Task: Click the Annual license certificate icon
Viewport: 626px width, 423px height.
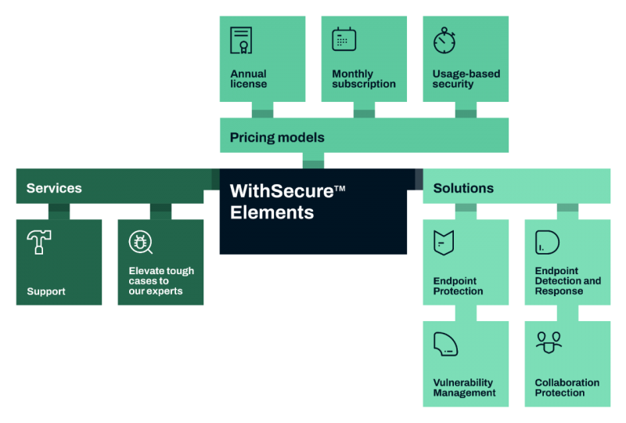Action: (241, 40)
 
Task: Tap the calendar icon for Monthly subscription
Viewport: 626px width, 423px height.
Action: (344, 39)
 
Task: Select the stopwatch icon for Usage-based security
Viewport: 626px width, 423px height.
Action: (444, 40)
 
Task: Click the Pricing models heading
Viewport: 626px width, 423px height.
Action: (277, 138)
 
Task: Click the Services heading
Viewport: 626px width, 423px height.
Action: (54, 188)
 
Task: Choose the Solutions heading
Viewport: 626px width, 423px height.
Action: (463, 188)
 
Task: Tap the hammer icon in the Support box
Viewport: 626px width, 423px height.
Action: (38, 242)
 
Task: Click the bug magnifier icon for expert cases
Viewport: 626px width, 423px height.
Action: (140, 243)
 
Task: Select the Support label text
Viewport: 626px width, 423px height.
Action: (46, 291)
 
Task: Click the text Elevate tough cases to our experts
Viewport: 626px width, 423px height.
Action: (161, 281)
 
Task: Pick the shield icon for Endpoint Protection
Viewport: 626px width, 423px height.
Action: (444, 242)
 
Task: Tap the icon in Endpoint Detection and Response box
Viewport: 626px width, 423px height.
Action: (547, 242)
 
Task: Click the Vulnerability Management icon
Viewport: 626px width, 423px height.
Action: (445, 343)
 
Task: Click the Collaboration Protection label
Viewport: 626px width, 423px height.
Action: (567, 388)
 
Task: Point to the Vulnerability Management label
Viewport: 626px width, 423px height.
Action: (464, 388)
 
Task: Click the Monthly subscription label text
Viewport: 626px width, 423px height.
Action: (363, 79)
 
